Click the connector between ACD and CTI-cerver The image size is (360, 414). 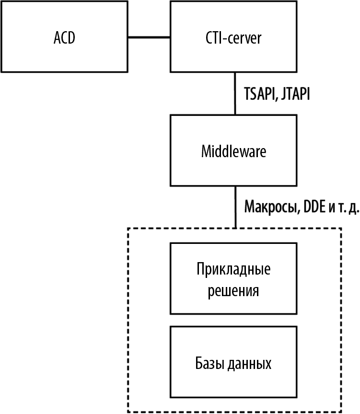150,37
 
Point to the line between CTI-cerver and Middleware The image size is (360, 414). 235,93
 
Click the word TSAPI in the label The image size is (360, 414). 259,94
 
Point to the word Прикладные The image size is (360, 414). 233,269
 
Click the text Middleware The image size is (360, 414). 233,151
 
